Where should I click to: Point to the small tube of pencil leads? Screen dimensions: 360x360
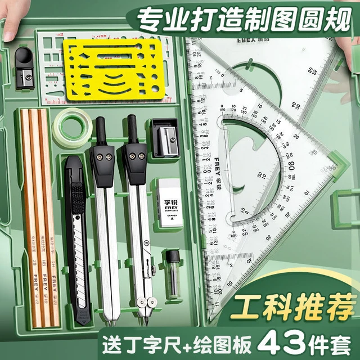[x=172, y=272]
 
